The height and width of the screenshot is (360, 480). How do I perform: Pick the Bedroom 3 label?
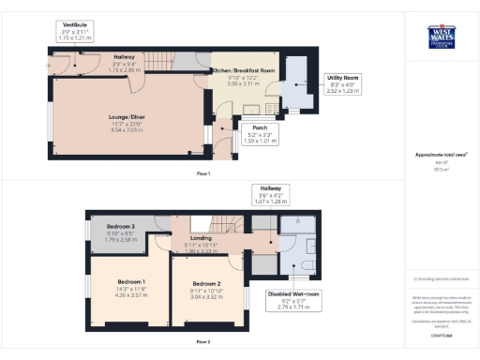[x=121, y=227]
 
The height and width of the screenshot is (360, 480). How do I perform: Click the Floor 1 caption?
[x=202, y=173]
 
